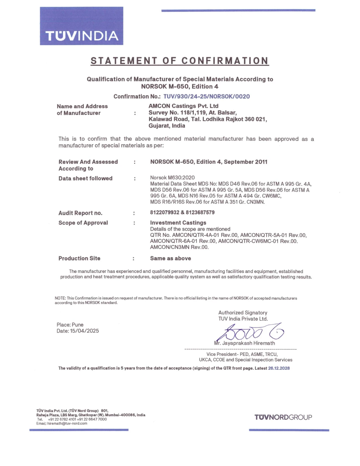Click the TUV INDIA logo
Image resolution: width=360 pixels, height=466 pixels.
pos(82,26)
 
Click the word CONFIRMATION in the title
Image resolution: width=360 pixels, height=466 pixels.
pos(225,61)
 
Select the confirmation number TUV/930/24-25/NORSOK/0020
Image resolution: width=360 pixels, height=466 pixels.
pos(206,97)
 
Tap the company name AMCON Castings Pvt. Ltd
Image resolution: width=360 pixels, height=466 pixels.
pos(184,106)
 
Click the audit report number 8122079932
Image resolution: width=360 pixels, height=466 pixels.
pos(165,212)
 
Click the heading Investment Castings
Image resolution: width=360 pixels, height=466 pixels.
pos(178,223)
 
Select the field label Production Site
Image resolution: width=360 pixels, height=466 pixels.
pos(79,258)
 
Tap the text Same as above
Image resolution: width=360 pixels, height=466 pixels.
pos(171,258)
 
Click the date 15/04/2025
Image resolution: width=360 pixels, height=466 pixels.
pos(84,331)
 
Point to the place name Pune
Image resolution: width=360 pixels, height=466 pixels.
pos(78,325)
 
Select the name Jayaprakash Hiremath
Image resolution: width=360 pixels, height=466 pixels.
pos(248,343)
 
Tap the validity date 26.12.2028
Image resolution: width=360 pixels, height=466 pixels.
pos(279,368)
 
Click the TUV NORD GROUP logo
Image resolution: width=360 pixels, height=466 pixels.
pos(283,417)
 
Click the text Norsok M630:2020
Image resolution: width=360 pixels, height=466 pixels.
pos(172,178)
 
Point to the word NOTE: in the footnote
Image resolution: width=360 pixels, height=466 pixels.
pos(60,298)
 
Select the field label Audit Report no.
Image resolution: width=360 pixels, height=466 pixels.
pos(80,213)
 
